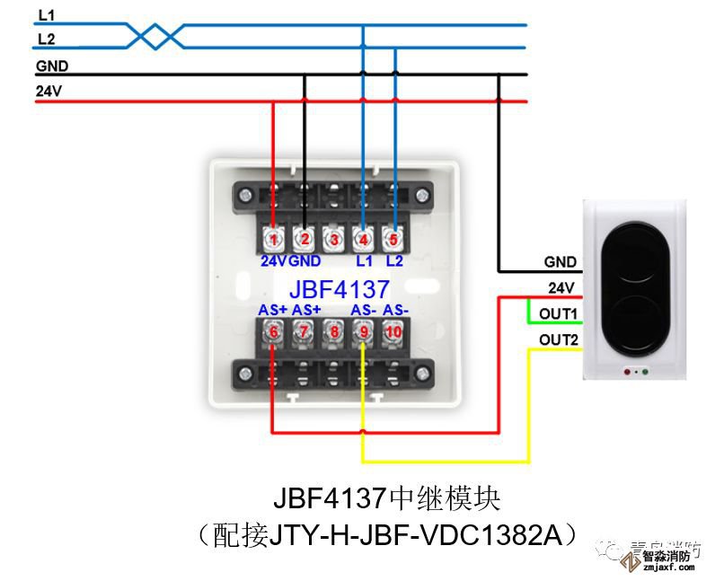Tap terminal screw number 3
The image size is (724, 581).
coord(333,239)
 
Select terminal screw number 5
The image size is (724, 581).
coord(392,239)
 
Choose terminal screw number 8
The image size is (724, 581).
coord(333,331)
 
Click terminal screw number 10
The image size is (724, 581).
coord(392,331)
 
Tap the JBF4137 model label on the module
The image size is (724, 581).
coord(339,289)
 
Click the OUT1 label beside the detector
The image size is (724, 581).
coord(559,313)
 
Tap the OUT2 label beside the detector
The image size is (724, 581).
coord(559,340)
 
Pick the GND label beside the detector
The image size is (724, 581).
coord(560,262)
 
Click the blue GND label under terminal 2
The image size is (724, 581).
coord(305,261)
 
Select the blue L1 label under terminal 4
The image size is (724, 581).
coord(363,261)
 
